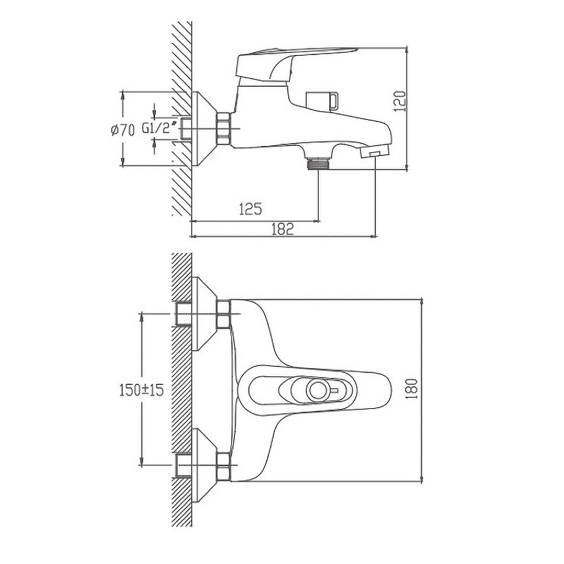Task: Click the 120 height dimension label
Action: (400, 101)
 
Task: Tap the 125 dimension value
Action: (251, 209)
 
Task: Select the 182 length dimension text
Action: (283, 229)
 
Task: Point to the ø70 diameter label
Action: (123, 130)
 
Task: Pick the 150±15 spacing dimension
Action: (142, 389)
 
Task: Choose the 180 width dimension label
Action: (412, 388)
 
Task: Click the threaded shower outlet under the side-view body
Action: (319, 163)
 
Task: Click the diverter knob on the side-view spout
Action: (322, 100)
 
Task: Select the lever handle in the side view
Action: (297, 65)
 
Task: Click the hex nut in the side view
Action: (223, 129)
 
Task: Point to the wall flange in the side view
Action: (204, 129)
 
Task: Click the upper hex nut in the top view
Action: (223, 314)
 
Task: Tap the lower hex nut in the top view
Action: (223, 465)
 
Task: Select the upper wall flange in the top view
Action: (204, 314)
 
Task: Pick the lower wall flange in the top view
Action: (204, 465)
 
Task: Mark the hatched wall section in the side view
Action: (181, 118)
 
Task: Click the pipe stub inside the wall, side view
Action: (186, 129)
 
